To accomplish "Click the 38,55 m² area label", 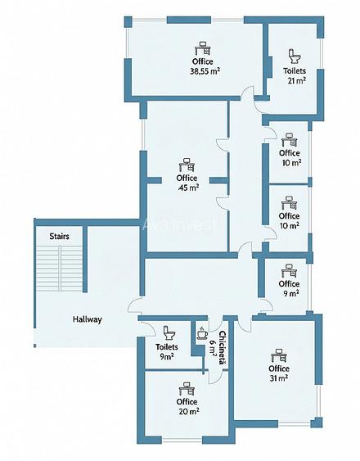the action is click(x=205, y=71).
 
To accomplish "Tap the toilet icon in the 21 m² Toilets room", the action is click(x=295, y=56).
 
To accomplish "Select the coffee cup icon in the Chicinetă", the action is click(x=202, y=332).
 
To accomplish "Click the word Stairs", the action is click(x=60, y=236).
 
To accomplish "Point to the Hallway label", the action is click(x=88, y=319).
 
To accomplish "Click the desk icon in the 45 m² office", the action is click(x=187, y=165).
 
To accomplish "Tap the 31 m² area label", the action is click(x=279, y=378).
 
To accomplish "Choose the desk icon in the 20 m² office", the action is click(x=187, y=389).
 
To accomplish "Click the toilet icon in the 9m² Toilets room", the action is click(x=169, y=332).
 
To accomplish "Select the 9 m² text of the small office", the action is click(x=290, y=293).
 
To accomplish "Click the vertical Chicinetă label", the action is click(x=223, y=348).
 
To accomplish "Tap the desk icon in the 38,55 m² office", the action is click(x=203, y=48).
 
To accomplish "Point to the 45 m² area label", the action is click(x=188, y=188).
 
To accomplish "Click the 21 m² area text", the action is click(x=296, y=80).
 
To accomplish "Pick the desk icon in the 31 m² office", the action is click(x=279, y=355).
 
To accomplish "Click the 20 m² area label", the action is click(x=189, y=412).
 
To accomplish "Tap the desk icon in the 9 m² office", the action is click(x=289, y=271).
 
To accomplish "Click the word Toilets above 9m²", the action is click(x=167, y=347).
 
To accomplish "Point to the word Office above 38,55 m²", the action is click(x=202, y=61).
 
